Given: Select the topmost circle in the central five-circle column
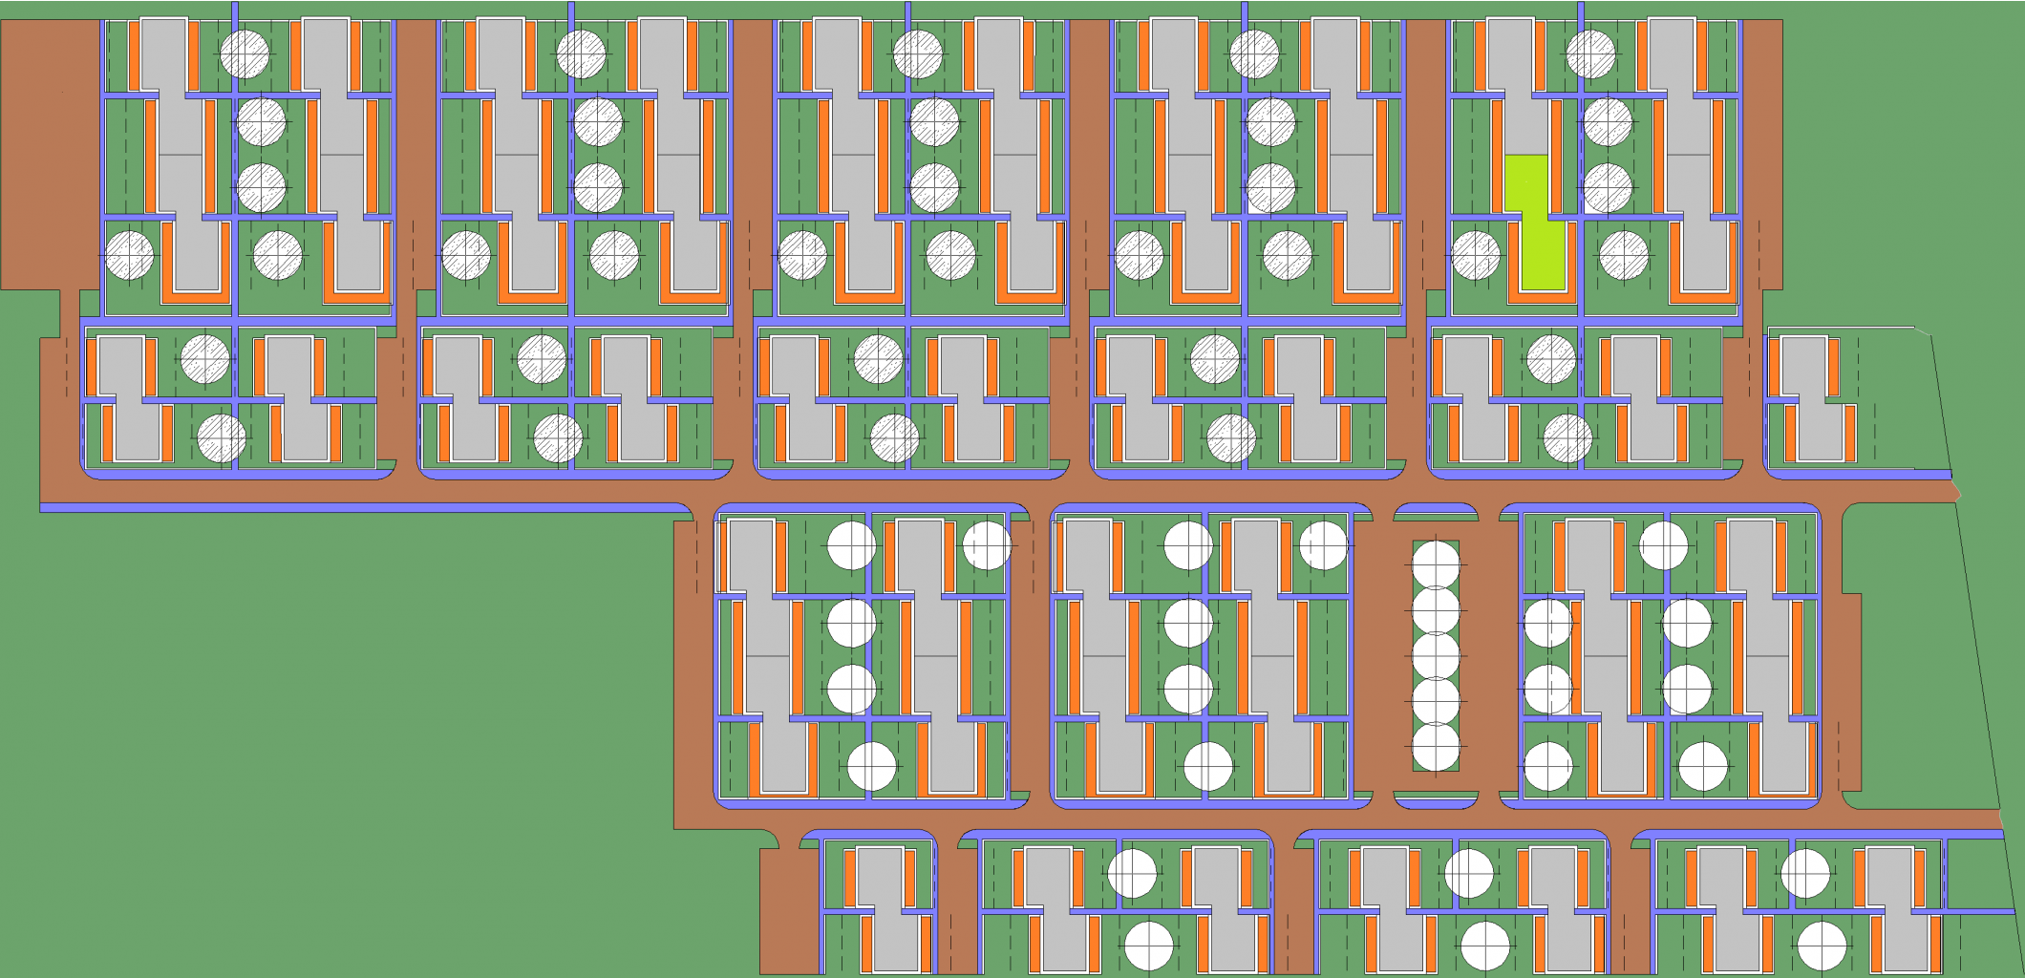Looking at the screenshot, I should tap(1436, 564).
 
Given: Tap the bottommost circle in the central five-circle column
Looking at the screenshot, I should tap(1436, 748).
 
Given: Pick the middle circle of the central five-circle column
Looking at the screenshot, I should tap(1436, 656).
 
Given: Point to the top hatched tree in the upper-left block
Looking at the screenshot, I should tap(245, 53).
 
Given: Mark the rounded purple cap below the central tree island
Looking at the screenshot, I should tap(1436, 799).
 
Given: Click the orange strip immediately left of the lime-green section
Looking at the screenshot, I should tap(1498, 181).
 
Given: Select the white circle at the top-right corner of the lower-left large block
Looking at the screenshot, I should tap(987, 545).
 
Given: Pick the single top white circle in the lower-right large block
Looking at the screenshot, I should tap(1663, 545).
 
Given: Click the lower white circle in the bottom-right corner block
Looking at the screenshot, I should tap(1822, 946).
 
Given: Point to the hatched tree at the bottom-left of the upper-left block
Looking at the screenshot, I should tap(129, 255).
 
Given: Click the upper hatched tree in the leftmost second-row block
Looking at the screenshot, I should tap(205, 359).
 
